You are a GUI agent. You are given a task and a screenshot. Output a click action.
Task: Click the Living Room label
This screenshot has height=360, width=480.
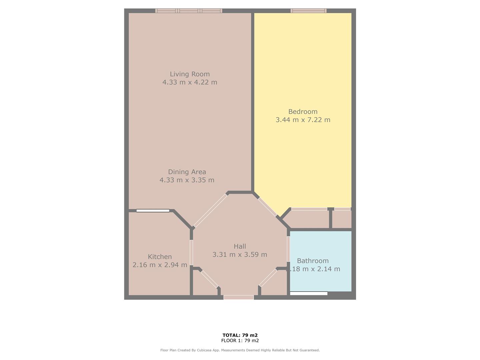click(x=190, y=74)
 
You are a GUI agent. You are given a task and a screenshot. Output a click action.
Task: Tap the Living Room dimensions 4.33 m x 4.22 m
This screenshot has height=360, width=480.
click(x=190, y=82)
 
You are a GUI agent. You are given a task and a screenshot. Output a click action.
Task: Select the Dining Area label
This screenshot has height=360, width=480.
click(x=187, y=172)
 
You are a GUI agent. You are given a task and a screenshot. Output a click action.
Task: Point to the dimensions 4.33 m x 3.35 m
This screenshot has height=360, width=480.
click(x=187, y=180)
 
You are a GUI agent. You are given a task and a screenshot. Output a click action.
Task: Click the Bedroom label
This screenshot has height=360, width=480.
click(x=303, y=112)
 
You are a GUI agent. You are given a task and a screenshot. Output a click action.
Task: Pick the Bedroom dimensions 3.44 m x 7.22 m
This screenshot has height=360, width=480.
click(x=303, y=120)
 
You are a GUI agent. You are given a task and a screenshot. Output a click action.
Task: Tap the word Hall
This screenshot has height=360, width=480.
click(x=240, y=246)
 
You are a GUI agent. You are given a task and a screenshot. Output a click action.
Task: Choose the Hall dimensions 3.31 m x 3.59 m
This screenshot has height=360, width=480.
click(x=240, y=254)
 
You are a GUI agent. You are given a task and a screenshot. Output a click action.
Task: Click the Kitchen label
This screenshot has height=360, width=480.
click(x=160, y=257)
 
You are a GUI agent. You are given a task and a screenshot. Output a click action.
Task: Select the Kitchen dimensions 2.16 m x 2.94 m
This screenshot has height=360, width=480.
click(x=160, y=265)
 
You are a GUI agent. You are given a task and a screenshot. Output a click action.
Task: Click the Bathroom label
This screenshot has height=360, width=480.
click(x=313, y=261)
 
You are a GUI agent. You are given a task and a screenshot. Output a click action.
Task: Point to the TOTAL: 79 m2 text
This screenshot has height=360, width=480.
click(x=240, y=335)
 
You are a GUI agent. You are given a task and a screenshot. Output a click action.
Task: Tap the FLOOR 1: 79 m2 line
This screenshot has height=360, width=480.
click(x=240, y=341)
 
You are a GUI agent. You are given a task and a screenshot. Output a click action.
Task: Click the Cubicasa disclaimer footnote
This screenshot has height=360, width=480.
click(x=240, y=350)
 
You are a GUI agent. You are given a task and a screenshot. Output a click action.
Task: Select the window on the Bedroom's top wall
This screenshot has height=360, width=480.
click(x=308, y=11)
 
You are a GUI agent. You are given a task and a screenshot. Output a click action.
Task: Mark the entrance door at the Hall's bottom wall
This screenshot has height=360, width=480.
click(x=238, y=297)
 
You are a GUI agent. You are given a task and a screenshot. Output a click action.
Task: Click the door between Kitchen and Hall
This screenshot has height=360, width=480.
click(x=191, y=252)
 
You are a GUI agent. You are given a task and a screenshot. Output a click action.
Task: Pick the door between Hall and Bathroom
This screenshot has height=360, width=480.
click(x=288, y=249)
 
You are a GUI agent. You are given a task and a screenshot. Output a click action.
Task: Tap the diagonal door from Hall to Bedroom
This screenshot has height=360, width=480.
click(x=267, y=207)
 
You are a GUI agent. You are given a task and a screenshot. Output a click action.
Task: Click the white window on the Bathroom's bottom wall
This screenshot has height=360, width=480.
click(x=309, y=293)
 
